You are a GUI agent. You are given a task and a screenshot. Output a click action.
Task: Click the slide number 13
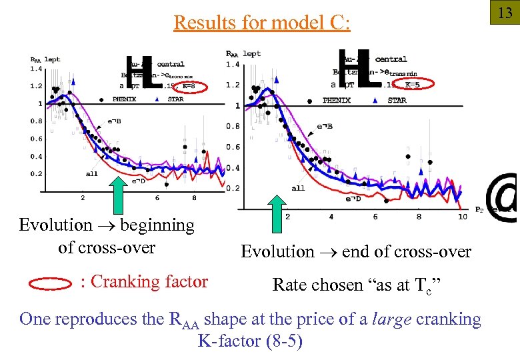(x=505, y=13)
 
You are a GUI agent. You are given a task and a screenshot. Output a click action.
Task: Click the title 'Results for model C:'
(x=261, y=23)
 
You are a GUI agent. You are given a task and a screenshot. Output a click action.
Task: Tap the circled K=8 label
(x=189, y=86)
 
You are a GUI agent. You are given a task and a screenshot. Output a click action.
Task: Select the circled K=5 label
(x=412, y=85)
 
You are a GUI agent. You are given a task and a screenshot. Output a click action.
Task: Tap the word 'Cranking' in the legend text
(x=123, y=282)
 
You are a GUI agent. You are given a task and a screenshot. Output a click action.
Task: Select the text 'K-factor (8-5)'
(x=250, y=341)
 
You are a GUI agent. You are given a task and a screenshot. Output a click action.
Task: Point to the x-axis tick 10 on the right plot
(x=463, y=217)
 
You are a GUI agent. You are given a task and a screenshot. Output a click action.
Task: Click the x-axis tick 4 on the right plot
(x=331, y=217)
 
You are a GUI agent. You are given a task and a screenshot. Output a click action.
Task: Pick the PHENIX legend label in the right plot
(x=336, y=101)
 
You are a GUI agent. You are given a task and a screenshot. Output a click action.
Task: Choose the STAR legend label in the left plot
(x=175, y=99)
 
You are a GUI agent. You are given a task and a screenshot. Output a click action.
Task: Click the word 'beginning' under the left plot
(x=157, y=225)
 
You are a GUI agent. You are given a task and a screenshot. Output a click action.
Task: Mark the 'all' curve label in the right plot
(x=298, y=188)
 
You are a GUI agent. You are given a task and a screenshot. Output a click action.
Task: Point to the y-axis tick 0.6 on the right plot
(x=233, y=147)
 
